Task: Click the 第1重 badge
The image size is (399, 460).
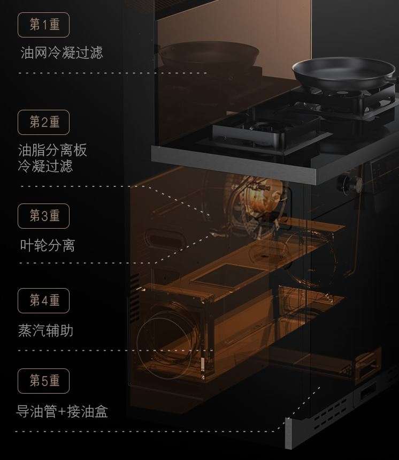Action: pyautogui.click(x=44, y=25)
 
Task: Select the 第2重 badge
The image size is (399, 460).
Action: pyautogui.click(x=44, y=122)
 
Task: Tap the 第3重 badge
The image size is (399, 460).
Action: pyautogui.click(x=44, y=216)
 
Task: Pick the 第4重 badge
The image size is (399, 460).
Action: pyautogui.click(x=44, y=300)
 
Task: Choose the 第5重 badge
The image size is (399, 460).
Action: pyautogui.click(x=44, y=381)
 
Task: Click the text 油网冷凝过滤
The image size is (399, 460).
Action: pyautogui.click(x=62, y=52)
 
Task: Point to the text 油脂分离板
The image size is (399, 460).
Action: pyautogui.click(x=52, y=150)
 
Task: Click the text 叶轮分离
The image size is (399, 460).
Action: pyautogui.click(x=47, y=246)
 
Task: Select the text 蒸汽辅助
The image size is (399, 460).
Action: pyautogui.click(x=45, y=330)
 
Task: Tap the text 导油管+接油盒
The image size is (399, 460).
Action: pyautogui.click(x=62, y=411)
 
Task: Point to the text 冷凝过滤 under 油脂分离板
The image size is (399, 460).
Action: pyautogui.click(x=45, y=166)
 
